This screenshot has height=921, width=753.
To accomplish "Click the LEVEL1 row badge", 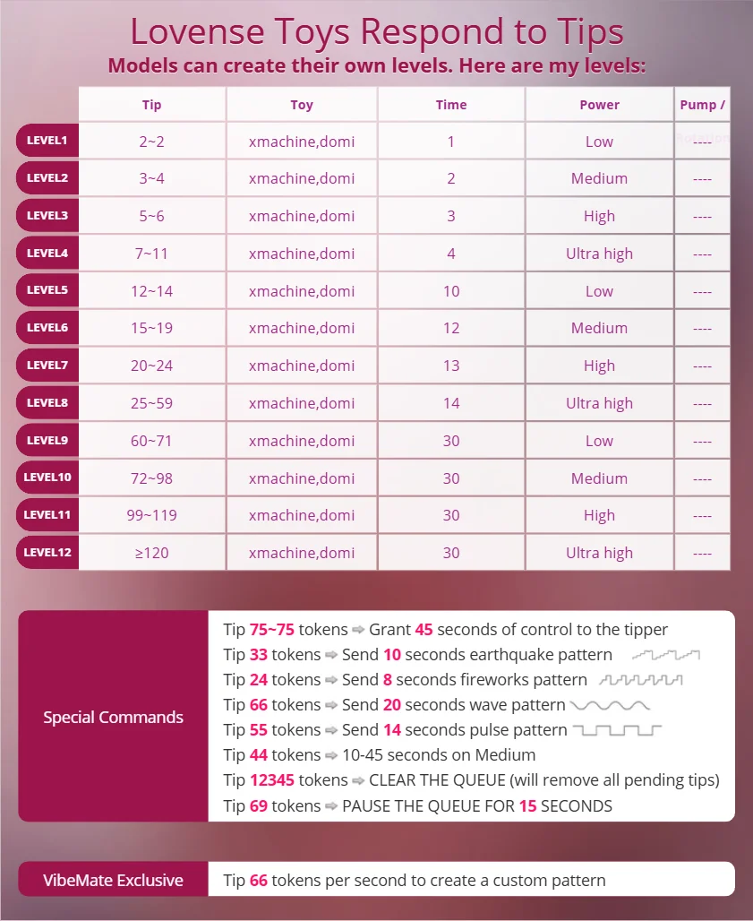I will pyautogui.click(x=47, y=141).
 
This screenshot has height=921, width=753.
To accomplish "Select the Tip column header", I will pyautogui.click(x=152, y=105).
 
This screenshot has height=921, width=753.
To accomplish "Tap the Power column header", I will pyautogui.click(x=599, y=105).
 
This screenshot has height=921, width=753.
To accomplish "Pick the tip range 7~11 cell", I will pyautogui.click(x=152, y=254).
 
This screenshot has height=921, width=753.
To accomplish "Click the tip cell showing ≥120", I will pyautogui.click(x=152, y=553).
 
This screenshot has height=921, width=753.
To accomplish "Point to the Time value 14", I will pyautogui.click(x=451, y=403).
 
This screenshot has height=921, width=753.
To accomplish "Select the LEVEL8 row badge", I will pyautogui.click(x=47, y=403).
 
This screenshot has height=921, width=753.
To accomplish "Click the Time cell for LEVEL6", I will pyautogui.click(x=451, y=328).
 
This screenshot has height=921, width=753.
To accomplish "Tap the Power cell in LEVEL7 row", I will pyautogui.click(x=599, y=366).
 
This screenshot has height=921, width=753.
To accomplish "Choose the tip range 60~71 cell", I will pyautogui.click(x=152, y=441).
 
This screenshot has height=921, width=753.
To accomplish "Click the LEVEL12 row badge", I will pyautogui.click(x=47, y=553).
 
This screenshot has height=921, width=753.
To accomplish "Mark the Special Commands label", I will pyautogui.click(x=113, y=717).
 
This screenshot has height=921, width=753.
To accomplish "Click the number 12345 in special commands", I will pyautogui.click(x=272, y=780).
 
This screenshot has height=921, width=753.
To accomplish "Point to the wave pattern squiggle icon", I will pyautogui.click(x=609, y=705).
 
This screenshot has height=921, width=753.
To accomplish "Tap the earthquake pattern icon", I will pyautogui.click(x=665, y=655).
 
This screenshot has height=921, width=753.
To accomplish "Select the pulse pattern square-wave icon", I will pyautogui.click(x=616, y=730).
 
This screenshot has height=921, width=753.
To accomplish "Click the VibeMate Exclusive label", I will pyautogui.click(x=113, y=880).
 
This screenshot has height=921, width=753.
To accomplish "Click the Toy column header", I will pyautogui.click(x=302, y=105).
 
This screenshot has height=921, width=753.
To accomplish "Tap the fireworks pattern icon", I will pyautogui.click(x=640, y=680).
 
